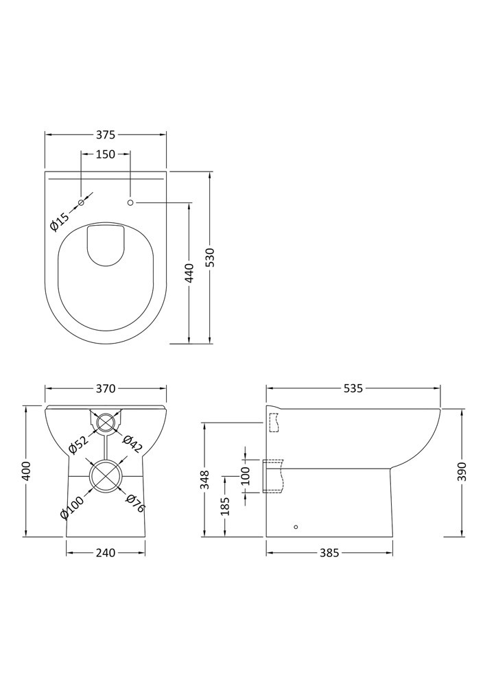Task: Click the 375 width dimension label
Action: pos(106,135)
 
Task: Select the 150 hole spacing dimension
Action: pos(106,154)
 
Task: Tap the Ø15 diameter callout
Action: pos(60,222)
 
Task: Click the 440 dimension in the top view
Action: pos(189,273)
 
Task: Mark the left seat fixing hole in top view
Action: pos(81,202)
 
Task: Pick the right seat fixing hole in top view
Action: pos(130,202)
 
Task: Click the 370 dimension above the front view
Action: pos(106,388)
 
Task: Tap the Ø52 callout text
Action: pos(79,445)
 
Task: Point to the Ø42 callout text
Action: pos(132,444)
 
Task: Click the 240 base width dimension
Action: pos(106,553)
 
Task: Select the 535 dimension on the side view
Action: pos(353,388)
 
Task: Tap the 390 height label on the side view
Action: pos(463,471)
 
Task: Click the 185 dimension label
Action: pos(226,506)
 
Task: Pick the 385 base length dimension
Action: pos(329,553)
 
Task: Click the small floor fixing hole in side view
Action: pos(296,527)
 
